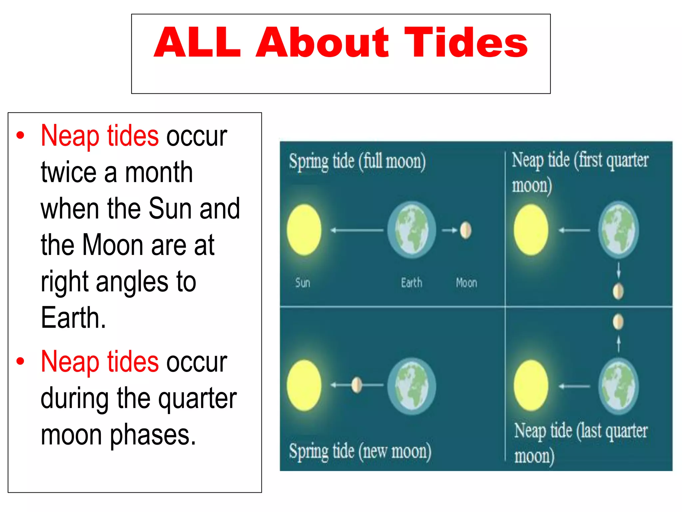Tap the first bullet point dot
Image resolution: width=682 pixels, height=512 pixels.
21,135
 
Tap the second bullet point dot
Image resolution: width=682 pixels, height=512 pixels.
21,361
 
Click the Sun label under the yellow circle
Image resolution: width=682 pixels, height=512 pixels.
302,283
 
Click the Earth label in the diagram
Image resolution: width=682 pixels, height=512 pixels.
411,283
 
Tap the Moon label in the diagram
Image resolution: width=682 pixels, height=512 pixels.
466,283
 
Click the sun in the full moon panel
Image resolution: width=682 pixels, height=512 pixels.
304,230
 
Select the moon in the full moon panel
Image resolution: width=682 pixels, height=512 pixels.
466,230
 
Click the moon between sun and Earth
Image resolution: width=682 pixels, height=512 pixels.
357,385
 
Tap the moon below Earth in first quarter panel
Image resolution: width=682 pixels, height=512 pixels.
618,291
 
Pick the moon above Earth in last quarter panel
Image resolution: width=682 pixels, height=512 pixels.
618,322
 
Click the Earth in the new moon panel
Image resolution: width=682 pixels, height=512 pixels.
412,386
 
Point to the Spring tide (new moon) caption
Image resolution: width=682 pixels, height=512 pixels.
360,452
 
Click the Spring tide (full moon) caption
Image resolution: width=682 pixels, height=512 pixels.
357,162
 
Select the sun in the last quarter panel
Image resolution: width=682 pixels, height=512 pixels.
531,385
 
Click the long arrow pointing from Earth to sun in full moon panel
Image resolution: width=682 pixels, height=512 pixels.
357,230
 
